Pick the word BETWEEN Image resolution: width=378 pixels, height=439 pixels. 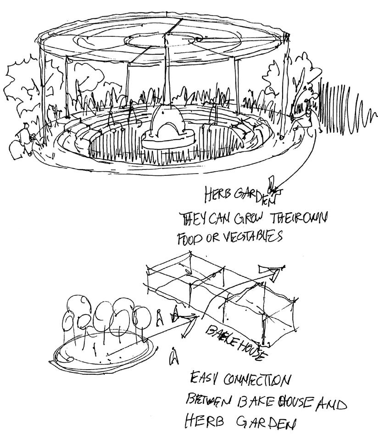210,403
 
